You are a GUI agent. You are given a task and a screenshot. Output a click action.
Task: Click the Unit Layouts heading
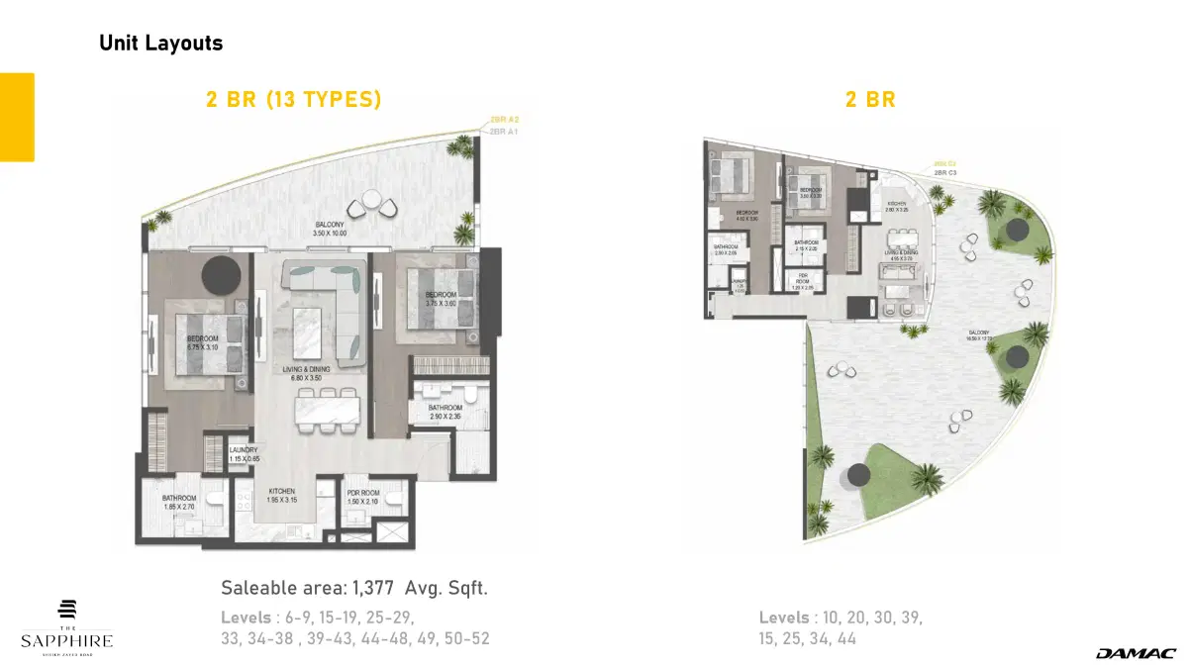point(160,44)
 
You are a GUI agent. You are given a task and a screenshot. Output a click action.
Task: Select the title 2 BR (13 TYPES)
point(293,99)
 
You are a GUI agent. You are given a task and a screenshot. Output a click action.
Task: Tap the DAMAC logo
point(1135,653)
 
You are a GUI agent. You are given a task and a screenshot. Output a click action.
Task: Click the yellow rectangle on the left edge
point(17,117)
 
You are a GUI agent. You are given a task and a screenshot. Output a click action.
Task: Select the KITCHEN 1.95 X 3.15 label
point(283,495)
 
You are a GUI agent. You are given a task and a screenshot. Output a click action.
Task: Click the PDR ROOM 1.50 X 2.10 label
point(364,496)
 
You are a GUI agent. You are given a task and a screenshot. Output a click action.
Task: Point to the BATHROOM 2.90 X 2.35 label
point(445,412)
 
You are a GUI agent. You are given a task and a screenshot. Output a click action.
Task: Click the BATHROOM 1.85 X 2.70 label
point(180,503)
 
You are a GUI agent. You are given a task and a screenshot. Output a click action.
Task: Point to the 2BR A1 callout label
point(504,131)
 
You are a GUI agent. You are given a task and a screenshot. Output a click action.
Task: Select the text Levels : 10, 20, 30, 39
point(841,618)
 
